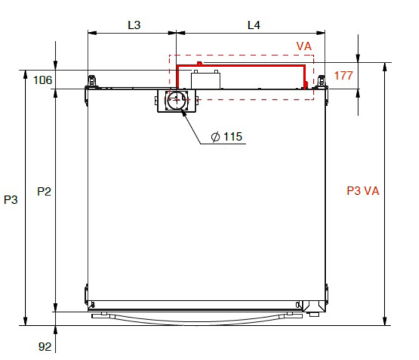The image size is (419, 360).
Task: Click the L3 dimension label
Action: click(134, 25)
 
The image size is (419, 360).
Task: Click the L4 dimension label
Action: click(254, 25)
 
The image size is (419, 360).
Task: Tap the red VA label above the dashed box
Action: click(304, 46)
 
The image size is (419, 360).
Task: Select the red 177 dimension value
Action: click(344, 75)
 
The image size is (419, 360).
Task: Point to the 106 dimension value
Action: click(42, 80)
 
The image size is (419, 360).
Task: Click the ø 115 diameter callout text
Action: click(227, 137)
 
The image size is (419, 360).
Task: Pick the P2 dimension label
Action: click(44, 191)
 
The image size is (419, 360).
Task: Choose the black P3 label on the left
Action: click(11, 200)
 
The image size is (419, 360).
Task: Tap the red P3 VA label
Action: click(363, 191)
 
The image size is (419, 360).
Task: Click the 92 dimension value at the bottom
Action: click(45, 347)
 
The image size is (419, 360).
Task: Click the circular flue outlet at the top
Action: click(177, 100)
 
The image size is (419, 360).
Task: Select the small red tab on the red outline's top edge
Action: click(199, 63)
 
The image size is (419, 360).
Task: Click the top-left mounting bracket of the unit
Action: click(92, 81)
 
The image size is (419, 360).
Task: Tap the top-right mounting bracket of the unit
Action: click(321, 81)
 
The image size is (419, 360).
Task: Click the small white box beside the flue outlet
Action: click(206, 80)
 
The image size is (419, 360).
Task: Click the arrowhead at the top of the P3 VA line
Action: click(384, 67)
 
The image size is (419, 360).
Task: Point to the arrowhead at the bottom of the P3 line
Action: click(25, 321)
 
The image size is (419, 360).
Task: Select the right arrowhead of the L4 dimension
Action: click(321, 33)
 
